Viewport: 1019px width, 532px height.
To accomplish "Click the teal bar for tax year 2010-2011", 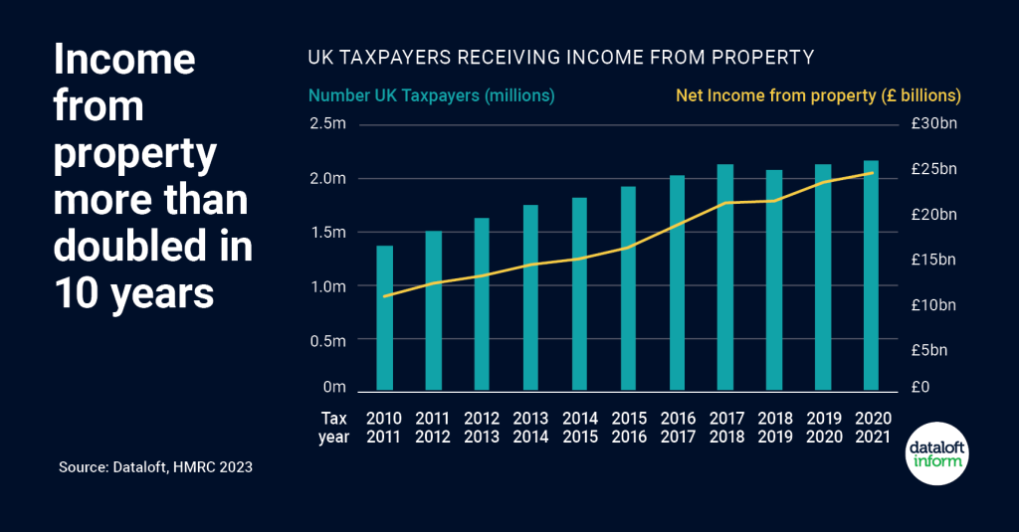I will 384,317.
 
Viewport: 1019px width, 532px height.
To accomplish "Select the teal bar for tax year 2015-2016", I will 628,288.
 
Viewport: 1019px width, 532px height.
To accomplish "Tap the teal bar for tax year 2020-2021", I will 871,275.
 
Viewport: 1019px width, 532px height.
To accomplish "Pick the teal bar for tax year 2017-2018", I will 725,276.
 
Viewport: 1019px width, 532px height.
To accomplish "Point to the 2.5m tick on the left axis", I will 327,124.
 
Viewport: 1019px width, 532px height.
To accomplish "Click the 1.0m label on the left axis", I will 327,287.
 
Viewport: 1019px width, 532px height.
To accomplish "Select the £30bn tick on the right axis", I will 933,124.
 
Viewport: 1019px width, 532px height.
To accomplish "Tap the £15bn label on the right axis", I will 933,260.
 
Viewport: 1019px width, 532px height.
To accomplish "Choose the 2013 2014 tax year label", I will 530,427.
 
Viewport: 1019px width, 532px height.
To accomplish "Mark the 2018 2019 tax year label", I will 774,427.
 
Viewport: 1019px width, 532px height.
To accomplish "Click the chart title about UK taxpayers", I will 560,59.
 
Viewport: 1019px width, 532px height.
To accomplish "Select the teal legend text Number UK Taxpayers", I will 431,96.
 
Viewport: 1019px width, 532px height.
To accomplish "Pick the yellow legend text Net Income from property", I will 818,96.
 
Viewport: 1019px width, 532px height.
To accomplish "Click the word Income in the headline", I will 123,59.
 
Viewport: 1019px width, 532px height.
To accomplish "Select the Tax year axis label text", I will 334,427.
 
